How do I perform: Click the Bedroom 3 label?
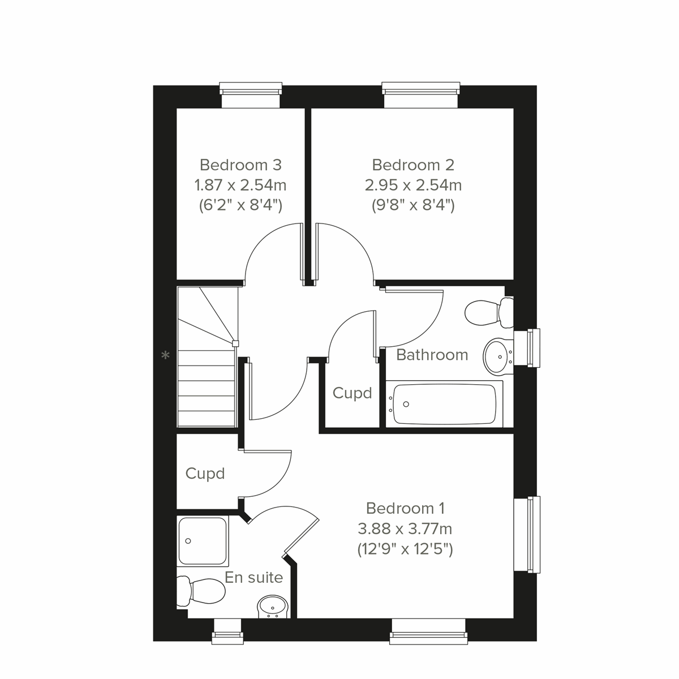point(240,165)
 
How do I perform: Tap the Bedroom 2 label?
point(413,165)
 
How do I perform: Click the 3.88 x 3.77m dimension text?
point(405,528)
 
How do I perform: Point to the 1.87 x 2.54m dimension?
point(240,185)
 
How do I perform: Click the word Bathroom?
point(432,355)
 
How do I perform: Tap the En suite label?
point(254,578)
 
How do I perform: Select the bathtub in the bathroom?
point(444,404)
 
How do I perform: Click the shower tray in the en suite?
point(203,541)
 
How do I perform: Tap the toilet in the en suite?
point(200,591)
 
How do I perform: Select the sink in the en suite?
point(273,607)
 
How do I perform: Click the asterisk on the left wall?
point(165,356)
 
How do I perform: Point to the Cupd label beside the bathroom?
point(352,393)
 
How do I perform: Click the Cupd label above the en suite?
point(205,473)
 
